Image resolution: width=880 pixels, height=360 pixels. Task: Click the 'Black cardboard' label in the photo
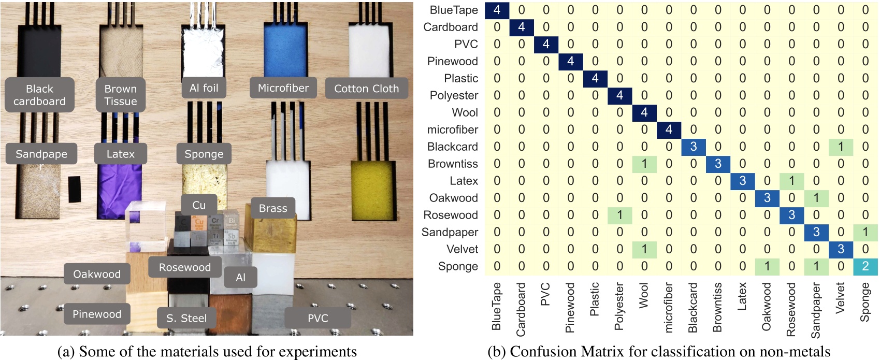(x=39, y=95)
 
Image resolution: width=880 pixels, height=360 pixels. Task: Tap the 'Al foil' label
(x=204, y=88)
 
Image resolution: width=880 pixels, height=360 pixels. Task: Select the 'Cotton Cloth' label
(x=366, y=89)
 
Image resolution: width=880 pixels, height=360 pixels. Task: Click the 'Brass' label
(x=272, y=208)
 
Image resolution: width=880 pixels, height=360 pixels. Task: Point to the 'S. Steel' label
(x=186, y=318)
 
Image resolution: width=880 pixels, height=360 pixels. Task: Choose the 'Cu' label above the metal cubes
(x=199, y=205)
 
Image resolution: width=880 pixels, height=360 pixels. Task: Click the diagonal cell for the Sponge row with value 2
(x=865, y=266)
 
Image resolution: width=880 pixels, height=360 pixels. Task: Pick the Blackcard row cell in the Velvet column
(x=840, y=147)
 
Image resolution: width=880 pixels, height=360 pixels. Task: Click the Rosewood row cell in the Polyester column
(x=619, y=215)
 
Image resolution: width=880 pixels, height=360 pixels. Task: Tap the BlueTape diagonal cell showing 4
(x=497, y=10)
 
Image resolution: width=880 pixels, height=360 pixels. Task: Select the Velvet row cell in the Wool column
(x=644, y=249)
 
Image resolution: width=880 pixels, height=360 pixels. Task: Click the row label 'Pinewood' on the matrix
(x=452, y=61)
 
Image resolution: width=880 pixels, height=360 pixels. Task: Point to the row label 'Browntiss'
(x=453, y=164)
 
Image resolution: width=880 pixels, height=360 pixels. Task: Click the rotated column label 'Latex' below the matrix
(x=742, y=296)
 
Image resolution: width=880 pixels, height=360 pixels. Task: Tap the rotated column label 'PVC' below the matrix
(x=545, y=294)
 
